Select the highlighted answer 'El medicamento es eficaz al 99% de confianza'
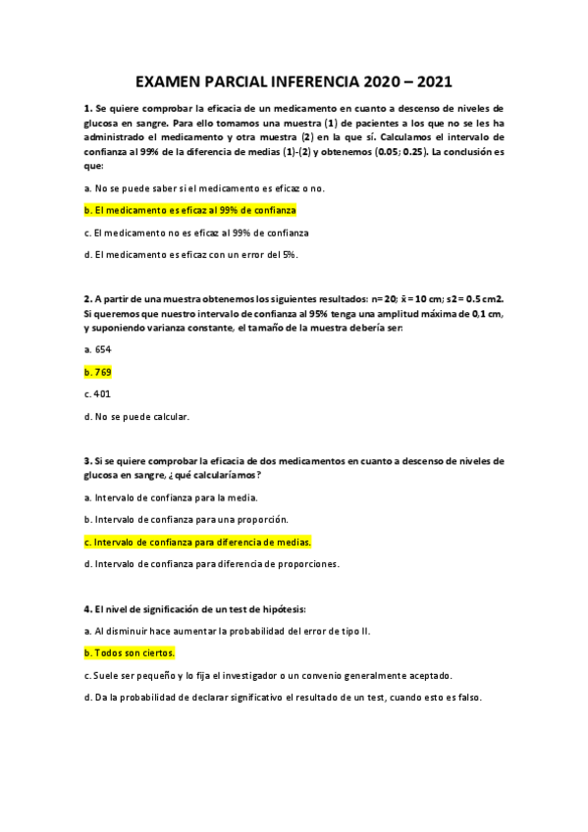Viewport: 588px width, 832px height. [190, 210]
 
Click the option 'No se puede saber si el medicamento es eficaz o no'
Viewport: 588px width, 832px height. [204, 187]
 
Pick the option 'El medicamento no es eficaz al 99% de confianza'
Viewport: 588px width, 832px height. [196, 233]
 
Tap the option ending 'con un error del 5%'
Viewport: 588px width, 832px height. [190, 255]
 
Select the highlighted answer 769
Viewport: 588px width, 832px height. [99, 372]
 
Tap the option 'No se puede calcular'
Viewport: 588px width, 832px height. [136, 416]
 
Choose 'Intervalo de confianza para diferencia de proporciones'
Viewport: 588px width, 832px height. [211, 564]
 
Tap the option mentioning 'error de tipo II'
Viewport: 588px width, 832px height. [227, 630]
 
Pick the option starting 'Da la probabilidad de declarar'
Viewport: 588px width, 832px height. [282, 698]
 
